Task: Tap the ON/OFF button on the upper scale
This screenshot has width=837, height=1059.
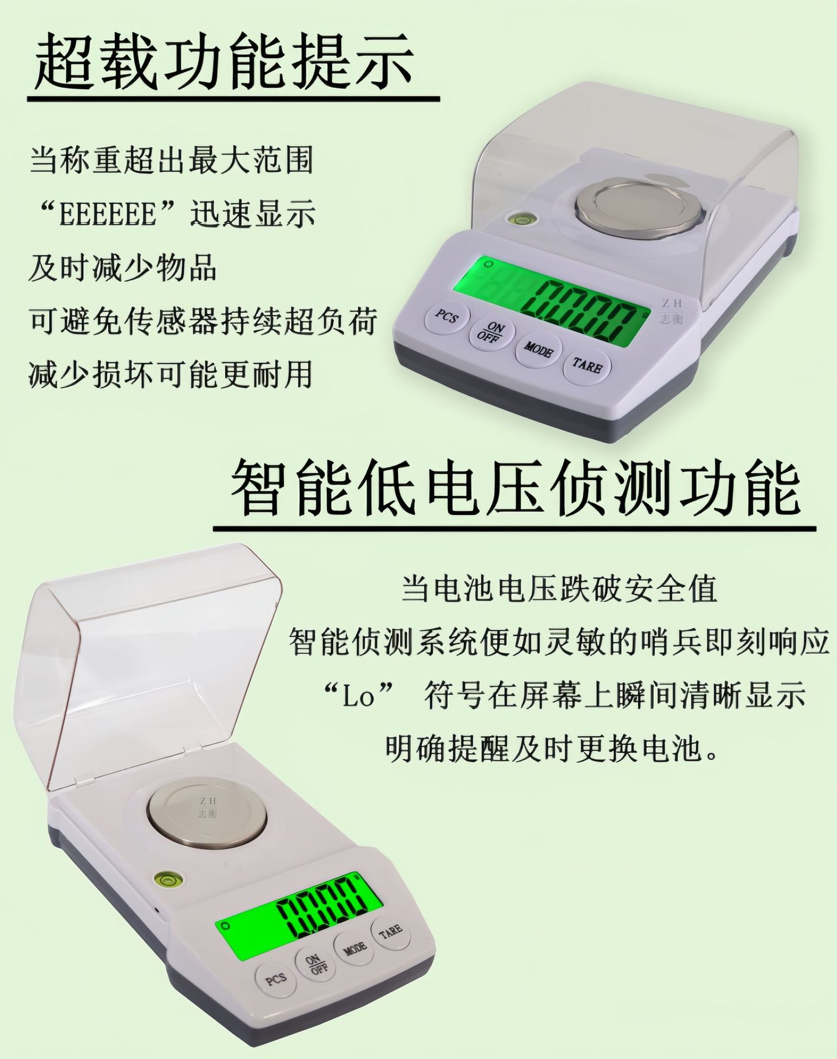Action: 492,333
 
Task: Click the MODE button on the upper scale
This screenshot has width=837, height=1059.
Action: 538,349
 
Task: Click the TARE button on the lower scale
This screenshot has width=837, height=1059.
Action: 391,930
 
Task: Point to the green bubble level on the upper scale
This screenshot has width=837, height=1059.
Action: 518,220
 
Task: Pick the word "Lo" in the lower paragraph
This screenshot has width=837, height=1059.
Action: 359,696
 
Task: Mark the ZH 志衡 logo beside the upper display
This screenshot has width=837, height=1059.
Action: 672,311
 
